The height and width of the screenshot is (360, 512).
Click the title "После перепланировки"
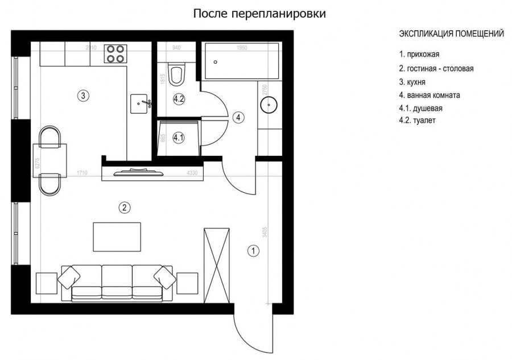click(x=260, y=14)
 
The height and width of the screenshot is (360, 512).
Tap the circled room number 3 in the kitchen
click(x=83, y=96)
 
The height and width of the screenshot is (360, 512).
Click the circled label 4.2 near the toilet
click(x=179, y=98)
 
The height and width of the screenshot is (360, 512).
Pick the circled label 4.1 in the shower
click(x=178, y=138)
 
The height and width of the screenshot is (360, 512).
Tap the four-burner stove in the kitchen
click(x=115, y=54)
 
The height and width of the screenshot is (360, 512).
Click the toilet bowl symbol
click(x=177, y=73)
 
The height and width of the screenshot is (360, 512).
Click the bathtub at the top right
click(x=242, y=60)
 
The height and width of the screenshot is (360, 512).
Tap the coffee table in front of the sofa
click(x=117, y=237)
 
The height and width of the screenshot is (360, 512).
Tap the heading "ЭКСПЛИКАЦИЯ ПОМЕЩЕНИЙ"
click(x=451, y=34)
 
